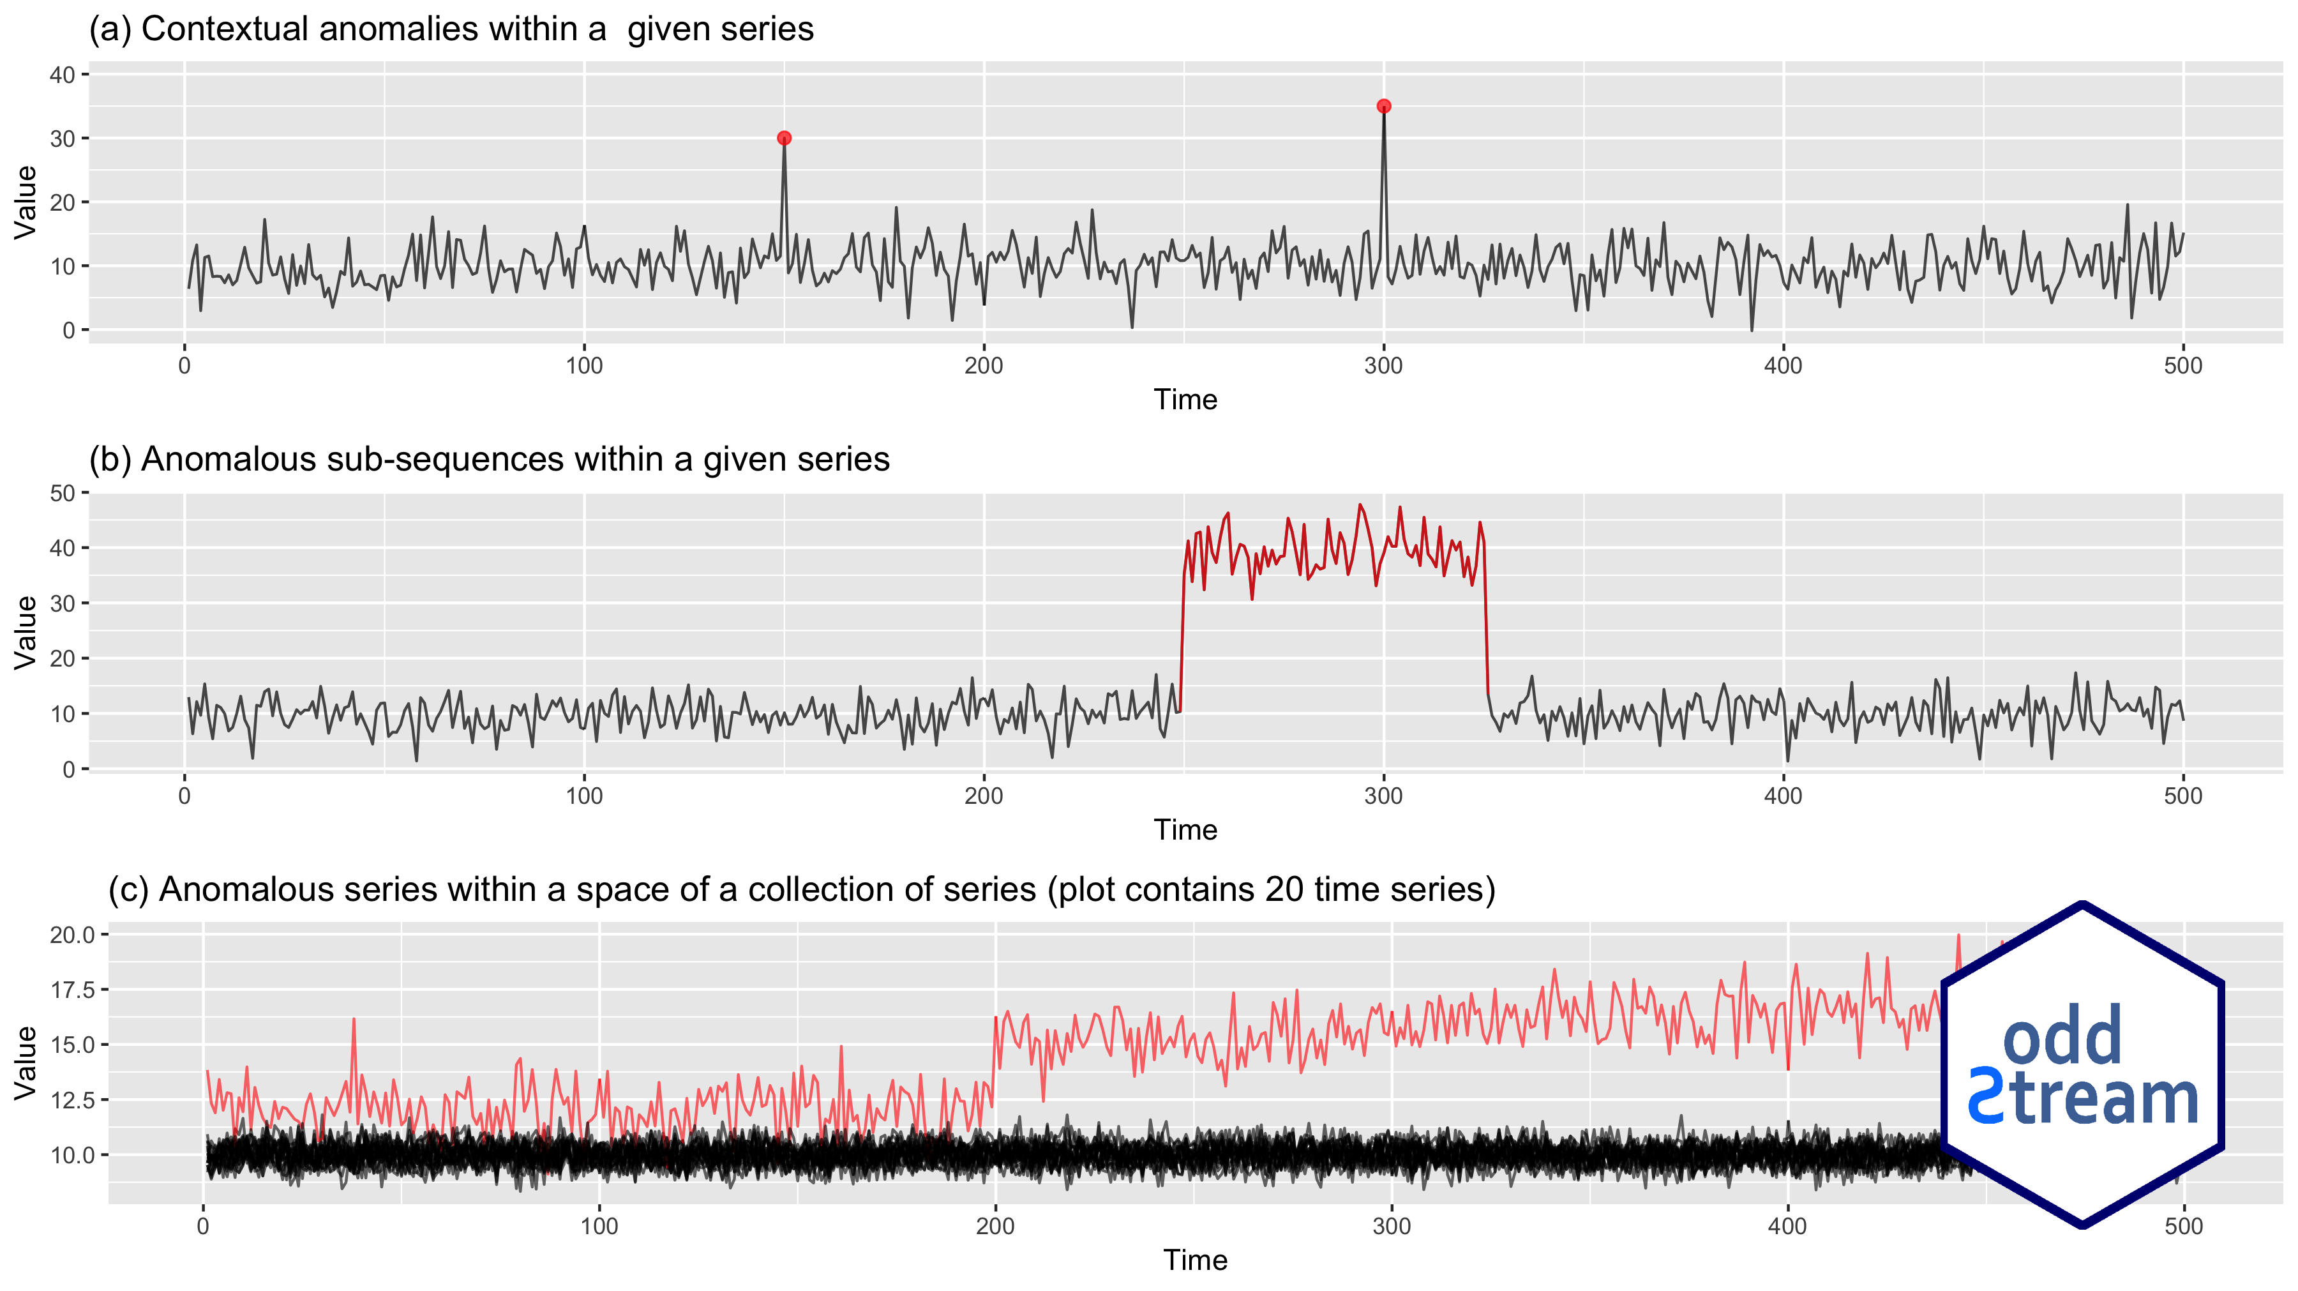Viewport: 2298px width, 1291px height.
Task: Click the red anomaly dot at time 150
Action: coord(784,139)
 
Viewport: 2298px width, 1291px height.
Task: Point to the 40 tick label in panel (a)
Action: coord(63,75)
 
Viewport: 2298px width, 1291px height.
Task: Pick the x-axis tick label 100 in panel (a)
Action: coord(584,366)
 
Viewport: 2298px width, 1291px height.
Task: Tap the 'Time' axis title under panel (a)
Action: coord(1185,400)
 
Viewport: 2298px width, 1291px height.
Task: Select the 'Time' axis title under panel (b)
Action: coord(1185,830)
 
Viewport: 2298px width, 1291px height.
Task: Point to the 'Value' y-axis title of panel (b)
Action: coord(26,631)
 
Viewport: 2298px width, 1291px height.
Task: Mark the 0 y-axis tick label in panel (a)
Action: coord(69,330)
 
